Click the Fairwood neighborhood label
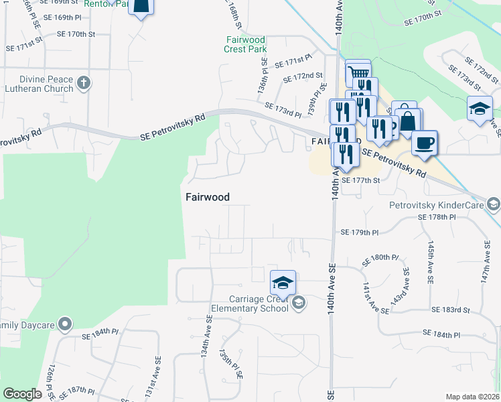coord(207,197)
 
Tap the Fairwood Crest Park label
coord(246,44)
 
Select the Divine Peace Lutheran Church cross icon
coord(83,83)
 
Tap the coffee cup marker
coord(425,143)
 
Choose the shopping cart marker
coord(359,72)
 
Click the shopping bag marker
coord(408,121)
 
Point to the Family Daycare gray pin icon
coord(64,325)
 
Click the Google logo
coord(22,394)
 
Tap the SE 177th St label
coord(360,180)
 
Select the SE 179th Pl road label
coord(360,232)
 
